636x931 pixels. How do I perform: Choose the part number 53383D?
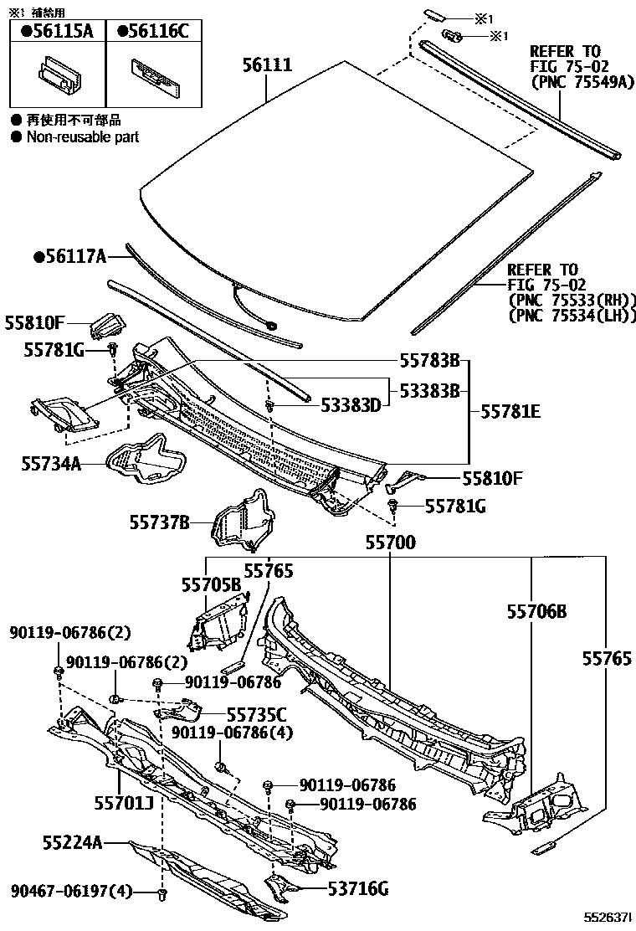351,406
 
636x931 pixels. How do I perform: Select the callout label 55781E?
510,412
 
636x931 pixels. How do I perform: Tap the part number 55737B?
158,522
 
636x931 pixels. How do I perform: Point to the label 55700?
389,543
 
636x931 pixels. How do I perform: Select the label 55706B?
536,613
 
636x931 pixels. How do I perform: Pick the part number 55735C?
256,714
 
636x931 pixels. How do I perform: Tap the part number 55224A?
74,842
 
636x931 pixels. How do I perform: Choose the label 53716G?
357,888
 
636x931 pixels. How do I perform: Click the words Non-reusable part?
82,136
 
